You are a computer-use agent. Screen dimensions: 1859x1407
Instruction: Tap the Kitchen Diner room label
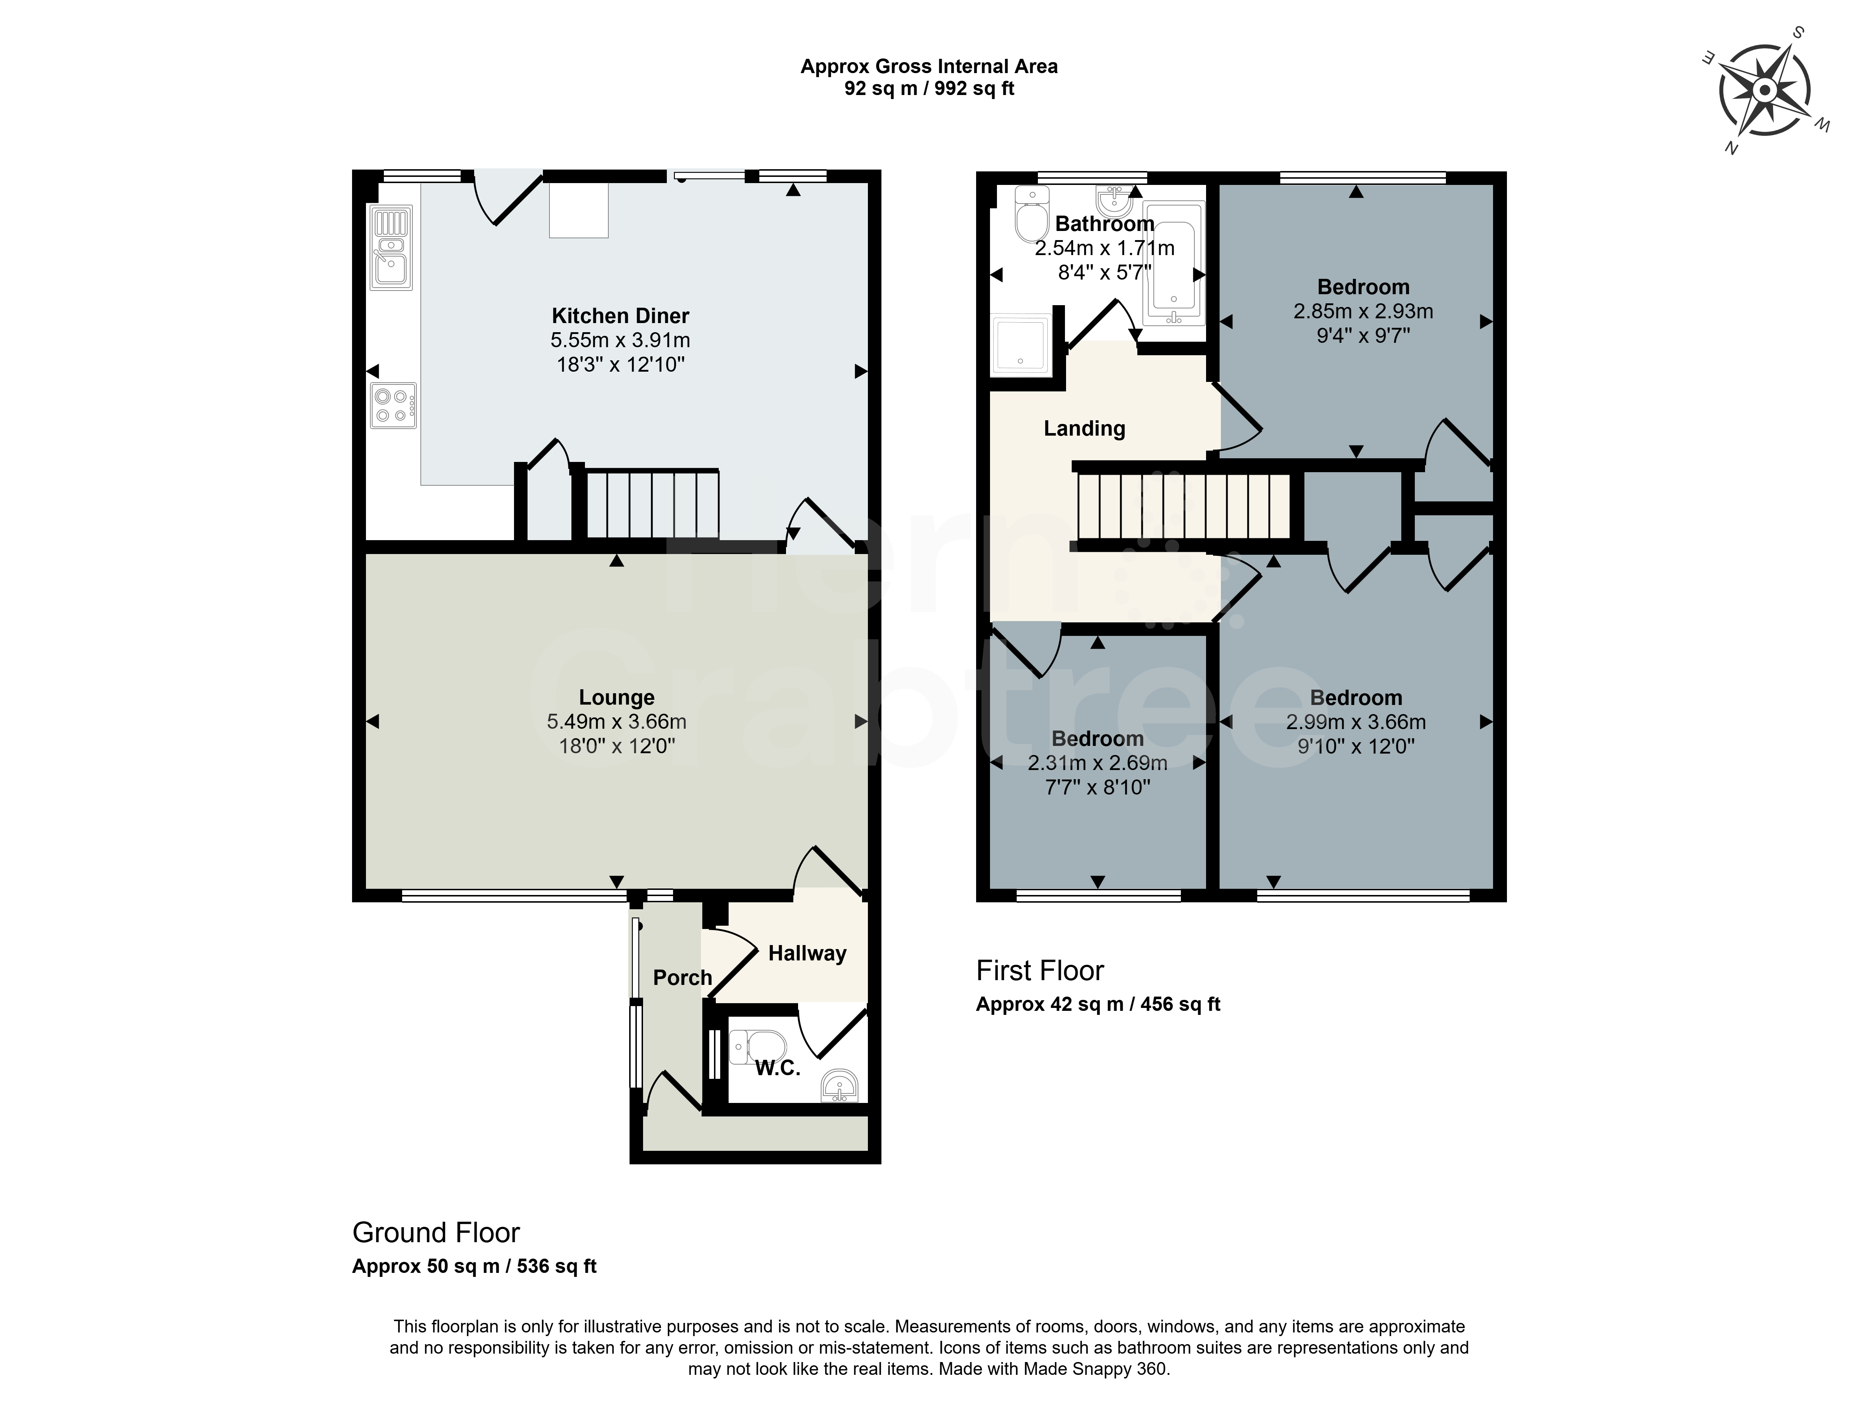620,316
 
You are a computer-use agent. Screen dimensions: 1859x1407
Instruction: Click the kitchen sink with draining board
392,248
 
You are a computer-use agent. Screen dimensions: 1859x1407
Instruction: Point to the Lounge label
617,697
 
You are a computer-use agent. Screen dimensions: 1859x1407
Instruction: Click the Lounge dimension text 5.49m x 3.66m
617,721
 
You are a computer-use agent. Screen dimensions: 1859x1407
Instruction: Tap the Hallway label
807,953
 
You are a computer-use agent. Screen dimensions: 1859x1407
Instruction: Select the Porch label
683,978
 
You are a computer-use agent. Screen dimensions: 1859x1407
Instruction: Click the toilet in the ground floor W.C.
758,1047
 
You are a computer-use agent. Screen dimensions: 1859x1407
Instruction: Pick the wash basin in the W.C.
840,1085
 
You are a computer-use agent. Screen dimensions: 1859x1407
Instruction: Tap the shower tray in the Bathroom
1021,344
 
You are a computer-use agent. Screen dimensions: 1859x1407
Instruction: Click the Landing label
1084,428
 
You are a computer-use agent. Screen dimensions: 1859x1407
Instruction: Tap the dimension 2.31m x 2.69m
1097,763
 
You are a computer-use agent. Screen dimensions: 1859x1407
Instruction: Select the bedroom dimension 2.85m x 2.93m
1363,311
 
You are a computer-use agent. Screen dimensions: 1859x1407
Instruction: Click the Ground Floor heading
436,1232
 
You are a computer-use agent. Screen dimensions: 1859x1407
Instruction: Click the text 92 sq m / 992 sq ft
929,88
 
